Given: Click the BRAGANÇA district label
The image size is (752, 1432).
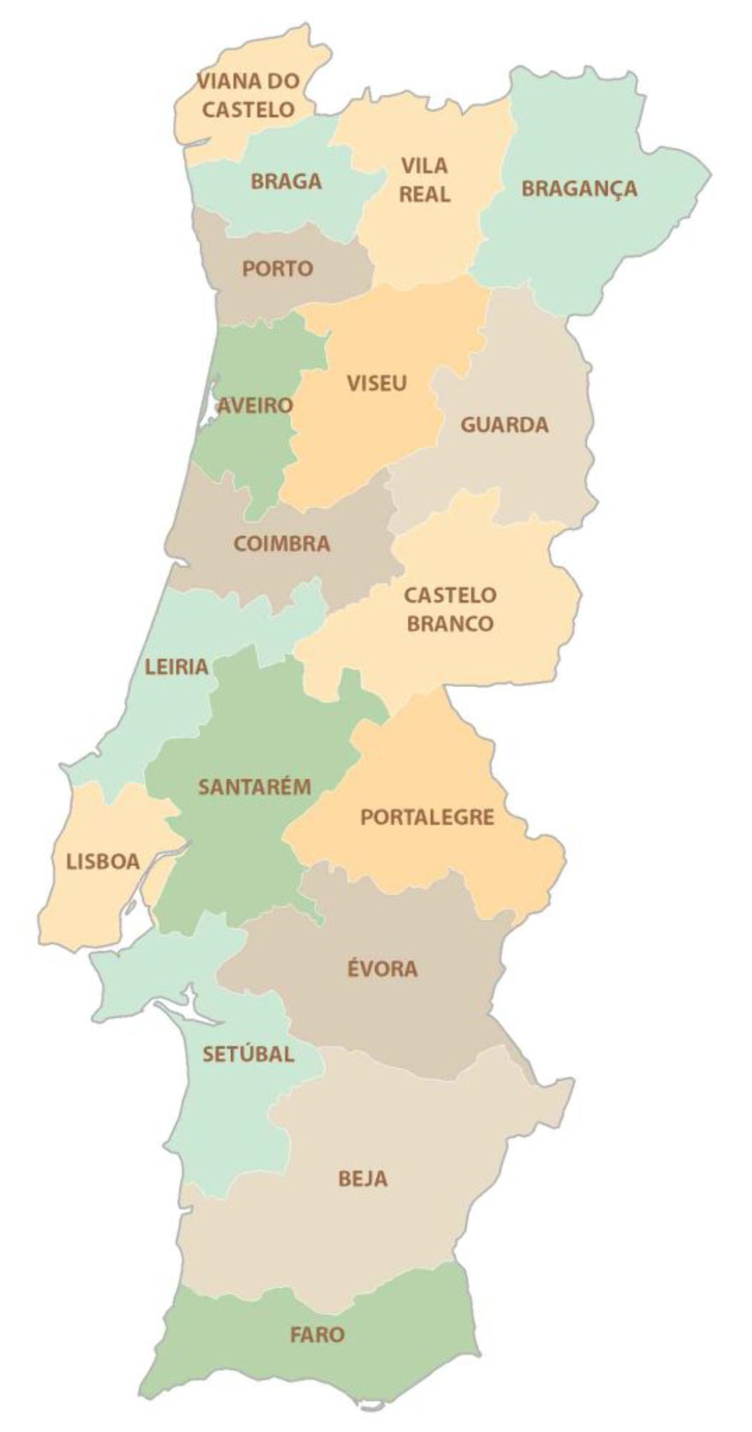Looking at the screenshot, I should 579,189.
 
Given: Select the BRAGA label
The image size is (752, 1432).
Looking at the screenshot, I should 286,182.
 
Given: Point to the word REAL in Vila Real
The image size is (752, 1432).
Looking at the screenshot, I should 425,195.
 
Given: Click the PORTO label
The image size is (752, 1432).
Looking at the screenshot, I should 277,269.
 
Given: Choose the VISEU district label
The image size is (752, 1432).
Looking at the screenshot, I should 377,383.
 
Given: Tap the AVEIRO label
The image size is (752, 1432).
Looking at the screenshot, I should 255,406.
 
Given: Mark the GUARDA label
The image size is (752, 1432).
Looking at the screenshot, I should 504,425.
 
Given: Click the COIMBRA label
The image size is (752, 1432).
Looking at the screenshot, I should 282,544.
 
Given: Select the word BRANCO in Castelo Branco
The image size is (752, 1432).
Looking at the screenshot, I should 450,624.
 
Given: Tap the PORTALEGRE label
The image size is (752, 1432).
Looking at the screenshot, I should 427,817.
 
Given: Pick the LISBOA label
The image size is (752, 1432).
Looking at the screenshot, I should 103,862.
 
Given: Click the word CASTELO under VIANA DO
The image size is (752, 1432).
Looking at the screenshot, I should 248,109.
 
